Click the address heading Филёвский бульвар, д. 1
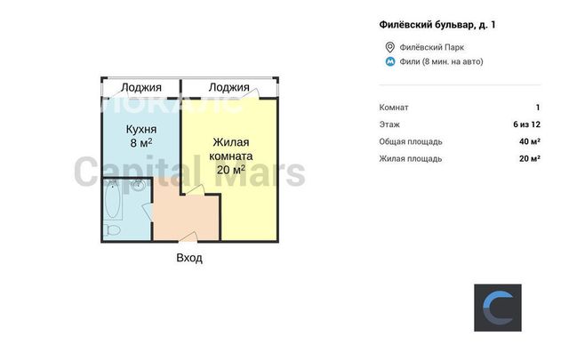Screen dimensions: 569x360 coord(437,25)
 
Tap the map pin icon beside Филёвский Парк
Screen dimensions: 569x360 coord(389,47)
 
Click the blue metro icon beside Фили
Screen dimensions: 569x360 coord(389,61)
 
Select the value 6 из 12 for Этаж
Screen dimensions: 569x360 coord(526,124)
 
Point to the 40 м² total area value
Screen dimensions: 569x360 coord(530,141)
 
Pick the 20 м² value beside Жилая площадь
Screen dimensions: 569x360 coord(530,158)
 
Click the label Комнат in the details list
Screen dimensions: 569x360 coord(394,108)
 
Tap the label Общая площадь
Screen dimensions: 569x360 coord(411,141)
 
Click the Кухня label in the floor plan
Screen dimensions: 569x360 coord(141,129)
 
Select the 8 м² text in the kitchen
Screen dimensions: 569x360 coord(141,142)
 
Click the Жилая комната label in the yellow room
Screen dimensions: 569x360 coord(231,149)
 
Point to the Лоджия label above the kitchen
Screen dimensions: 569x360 coord(141,87)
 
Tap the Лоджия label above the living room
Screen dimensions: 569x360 coord(229,87)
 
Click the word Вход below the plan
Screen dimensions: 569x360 coord(189,258)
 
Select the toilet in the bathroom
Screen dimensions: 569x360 coord(112,230)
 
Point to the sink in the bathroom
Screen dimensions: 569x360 coord(139,186)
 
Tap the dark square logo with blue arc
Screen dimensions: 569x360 coord(498,308)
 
